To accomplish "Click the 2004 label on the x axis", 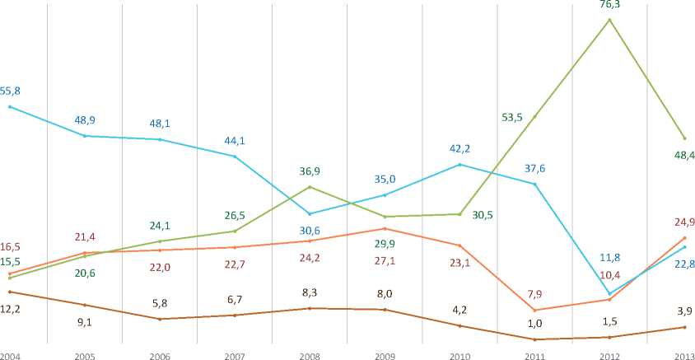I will [x=11, y=355].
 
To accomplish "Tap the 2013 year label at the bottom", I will [x=683, y=355].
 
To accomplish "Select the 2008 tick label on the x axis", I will [x=310, y=355].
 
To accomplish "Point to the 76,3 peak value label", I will [x=609, y=5].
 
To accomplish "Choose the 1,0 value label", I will [x=534, y=323].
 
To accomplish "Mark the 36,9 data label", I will [x=310, y=171].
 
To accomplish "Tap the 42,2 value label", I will [x=459, y=149].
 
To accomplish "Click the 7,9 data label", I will [x=534, y=294].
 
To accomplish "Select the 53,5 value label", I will [x=513, y=117].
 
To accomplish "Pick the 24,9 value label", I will [x=683, y=222].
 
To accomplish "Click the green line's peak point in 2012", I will [x=609, y=19].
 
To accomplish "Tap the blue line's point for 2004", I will [x=10, y=106].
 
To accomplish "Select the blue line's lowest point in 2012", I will [x=609, y=294].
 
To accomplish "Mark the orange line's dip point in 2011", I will [x=534, y=310].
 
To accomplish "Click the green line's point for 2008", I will [x=310, y=187].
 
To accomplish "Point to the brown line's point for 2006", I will [x=160, y=319].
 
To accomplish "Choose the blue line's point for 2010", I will [x=459, y=165].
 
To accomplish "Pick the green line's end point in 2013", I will [x=684, y=138].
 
